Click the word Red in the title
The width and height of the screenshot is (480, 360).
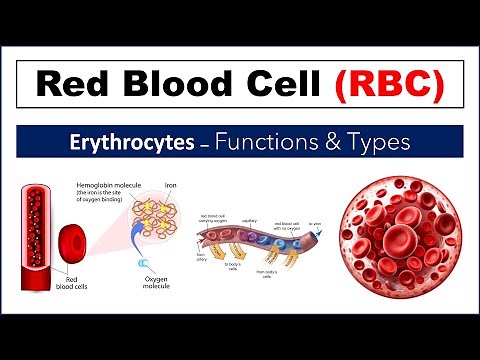point(74,85)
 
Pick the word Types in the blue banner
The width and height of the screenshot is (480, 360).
point(376,142)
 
